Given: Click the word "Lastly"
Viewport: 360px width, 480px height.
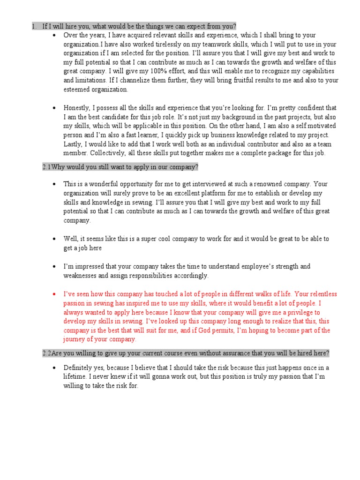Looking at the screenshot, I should [73, 144].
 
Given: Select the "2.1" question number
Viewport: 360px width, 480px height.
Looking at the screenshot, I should [46, 166].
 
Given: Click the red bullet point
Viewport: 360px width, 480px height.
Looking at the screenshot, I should [55, 294].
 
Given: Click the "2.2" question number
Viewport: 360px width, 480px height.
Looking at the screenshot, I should [46, 353].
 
